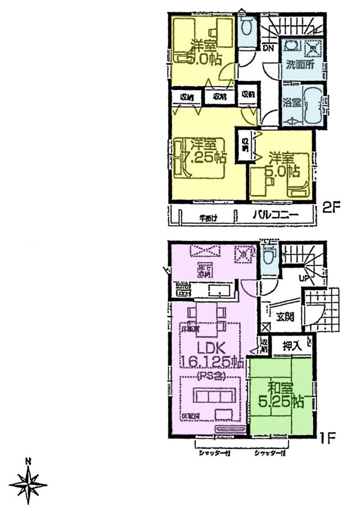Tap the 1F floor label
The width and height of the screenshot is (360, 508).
[x=328, y=436]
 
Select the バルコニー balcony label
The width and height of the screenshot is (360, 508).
[x=274, y=214]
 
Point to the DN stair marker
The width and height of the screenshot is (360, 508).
[x=268, y=48]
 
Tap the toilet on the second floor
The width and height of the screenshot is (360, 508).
[x=246, y=26]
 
